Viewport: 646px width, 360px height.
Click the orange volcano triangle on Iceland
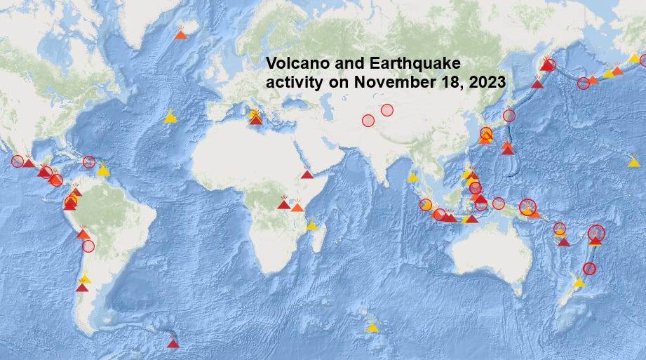(180, 34)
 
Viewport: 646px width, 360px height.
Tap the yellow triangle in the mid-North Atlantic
(170, 118)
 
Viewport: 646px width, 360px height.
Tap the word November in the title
(391, 81)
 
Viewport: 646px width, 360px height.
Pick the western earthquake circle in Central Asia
(368, 120)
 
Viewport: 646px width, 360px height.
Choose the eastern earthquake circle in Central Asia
(386, 109)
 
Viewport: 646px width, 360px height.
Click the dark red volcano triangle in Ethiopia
(307, 175)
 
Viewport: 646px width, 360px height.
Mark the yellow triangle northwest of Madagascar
(311, 226)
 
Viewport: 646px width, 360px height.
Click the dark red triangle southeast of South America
(173, 343)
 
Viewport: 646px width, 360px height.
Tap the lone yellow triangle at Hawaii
(634, 162)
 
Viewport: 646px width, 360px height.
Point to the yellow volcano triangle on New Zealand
(579, 282)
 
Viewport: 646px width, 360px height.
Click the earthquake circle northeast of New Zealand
(589, 268)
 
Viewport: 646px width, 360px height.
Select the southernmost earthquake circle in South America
(88, 246)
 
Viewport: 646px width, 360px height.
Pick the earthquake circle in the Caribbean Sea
(88, 162)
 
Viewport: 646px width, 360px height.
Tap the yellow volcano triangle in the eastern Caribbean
(103, 170)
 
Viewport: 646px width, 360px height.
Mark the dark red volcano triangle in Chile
(82, 287)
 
